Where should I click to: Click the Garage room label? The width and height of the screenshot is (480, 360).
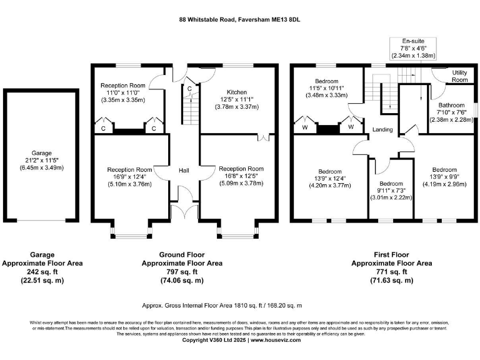click(x=42, y=153)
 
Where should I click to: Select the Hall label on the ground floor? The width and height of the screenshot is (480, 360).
click(x=184, y=170)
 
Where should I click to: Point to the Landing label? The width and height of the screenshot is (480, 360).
click(x=382, y=129)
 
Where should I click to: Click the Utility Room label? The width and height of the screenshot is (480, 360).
click(x=459, y=76)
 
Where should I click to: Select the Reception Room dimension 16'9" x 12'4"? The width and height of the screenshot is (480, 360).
click(x=129, y=176)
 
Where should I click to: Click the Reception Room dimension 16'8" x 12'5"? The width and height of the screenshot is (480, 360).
click(x=241, y=176)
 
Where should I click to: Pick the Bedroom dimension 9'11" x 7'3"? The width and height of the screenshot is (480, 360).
click(x=391, y=190)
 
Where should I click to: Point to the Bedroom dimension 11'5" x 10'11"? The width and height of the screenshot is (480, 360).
click(x=326, y=88)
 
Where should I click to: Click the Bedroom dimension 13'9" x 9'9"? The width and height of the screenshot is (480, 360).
click(x=444, y=177)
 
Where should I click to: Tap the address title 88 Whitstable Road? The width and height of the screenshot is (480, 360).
click(x=239, y=19)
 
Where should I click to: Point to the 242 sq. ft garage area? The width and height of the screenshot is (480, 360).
click(x=42, y=272)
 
